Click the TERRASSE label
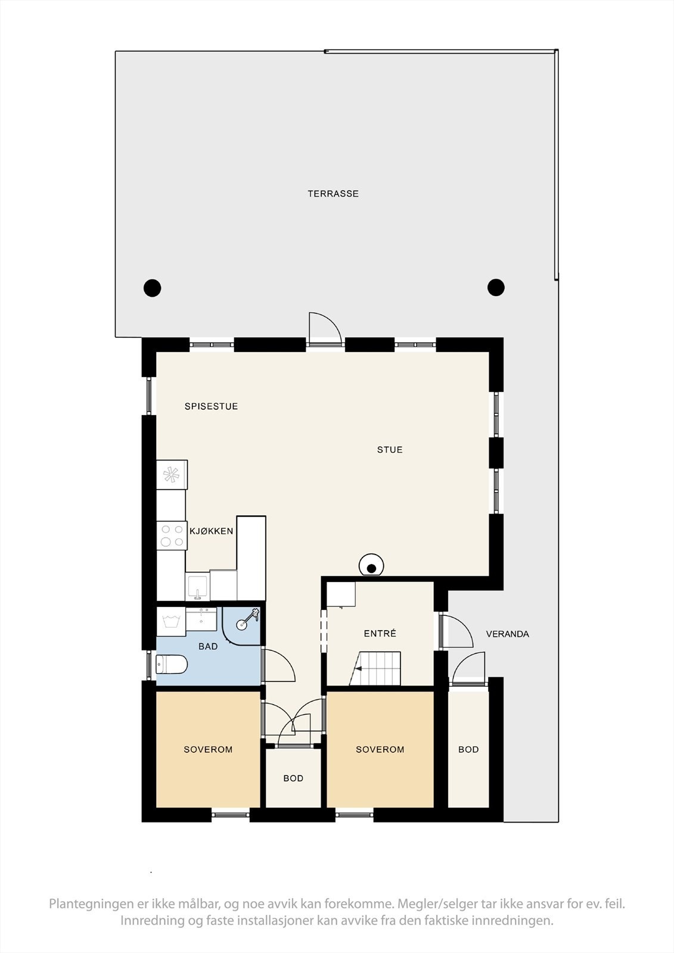333,194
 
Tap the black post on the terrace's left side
153,288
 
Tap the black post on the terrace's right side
496,287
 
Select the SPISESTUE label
211,406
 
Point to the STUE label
390,450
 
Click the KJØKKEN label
212,531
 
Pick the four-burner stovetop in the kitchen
172,535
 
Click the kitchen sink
197,586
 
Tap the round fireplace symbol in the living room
372,566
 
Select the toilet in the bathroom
172,664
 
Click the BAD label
208,646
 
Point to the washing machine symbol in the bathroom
171,622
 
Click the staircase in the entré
375,668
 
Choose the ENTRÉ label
380,634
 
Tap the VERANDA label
508,634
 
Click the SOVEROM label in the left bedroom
208,749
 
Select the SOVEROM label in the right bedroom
380,749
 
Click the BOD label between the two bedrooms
293,778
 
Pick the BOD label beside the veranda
468,749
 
